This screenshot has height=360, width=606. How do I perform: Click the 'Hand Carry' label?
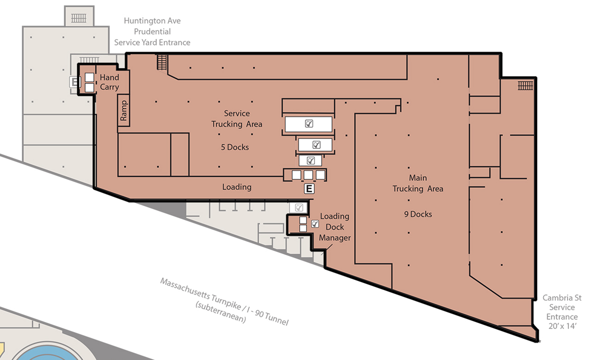point(109,82)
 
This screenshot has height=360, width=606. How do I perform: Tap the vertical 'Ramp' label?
point(123,110)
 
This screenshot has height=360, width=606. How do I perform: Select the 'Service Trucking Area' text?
point(237,118)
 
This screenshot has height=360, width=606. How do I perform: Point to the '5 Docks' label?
point(235,147)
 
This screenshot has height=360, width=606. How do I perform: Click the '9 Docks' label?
point(418,214)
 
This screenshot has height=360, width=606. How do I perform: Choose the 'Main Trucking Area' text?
point(418,183)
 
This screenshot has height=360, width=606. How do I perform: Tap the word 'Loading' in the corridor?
point(237,187)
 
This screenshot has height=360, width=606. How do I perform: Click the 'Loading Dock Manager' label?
point(335,227)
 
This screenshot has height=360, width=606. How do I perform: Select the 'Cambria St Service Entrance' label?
point(562,312)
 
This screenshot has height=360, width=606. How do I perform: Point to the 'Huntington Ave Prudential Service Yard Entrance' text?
point(152,32)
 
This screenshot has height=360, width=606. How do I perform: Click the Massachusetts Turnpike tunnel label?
point(224,301)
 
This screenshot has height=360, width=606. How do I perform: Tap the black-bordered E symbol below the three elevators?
point(309,189)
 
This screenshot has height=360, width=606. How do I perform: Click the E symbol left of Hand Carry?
point(75,82)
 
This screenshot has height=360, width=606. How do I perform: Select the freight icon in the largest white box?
point(309,123)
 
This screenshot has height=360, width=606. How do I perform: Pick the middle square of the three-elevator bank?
point(308,175)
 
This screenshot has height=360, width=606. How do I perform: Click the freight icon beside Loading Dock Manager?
point(315,224)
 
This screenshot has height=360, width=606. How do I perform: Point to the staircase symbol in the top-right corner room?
point(526,86)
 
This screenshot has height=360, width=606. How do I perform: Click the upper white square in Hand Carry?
point(90,77)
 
